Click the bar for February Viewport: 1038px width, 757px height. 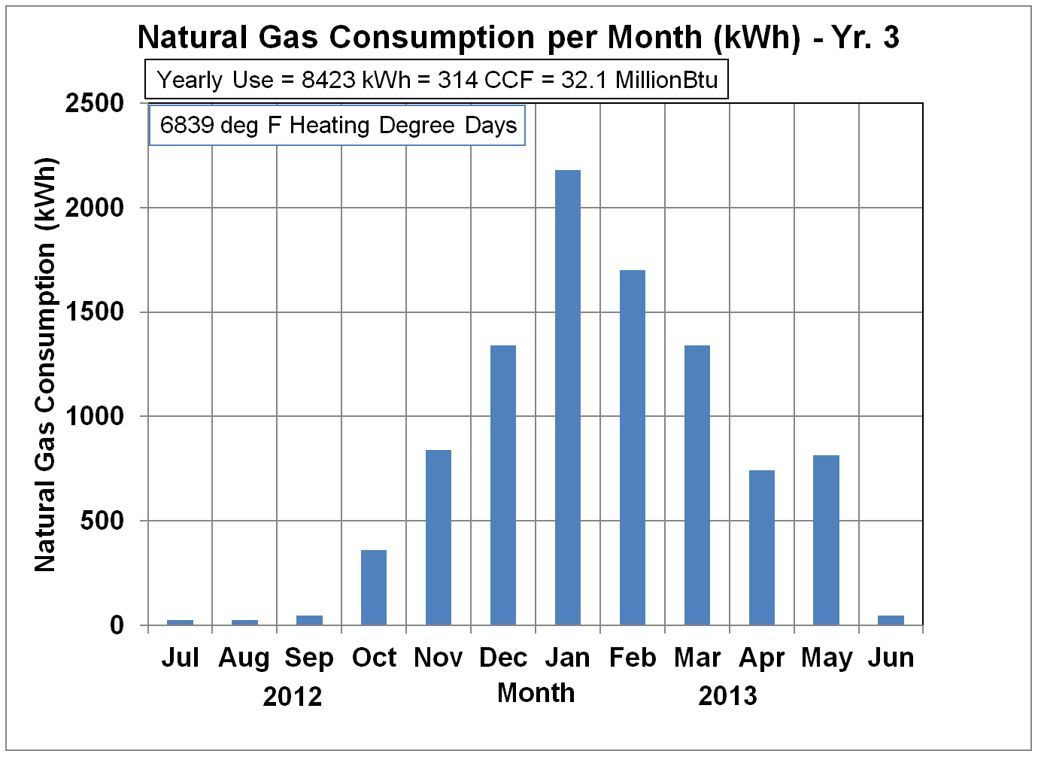click(633, 448)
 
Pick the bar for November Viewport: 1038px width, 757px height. click(439, 537)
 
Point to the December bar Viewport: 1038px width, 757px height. click(503, 485)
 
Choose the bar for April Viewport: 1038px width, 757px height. click(762, 547)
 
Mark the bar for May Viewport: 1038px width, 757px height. click(827, 540)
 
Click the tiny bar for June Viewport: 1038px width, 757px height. click(891, 620)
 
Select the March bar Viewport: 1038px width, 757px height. click(697, 485)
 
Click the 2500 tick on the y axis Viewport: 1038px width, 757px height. click(95, 103)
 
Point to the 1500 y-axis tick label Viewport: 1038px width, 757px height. click(95, 312)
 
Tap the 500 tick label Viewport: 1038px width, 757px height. click(102, 521)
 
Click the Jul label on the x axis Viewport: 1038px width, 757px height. click(180, 658)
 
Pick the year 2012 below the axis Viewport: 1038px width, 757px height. click(293, 697)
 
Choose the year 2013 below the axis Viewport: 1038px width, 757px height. click(727, 696)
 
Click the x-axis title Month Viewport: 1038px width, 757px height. click(536, 693)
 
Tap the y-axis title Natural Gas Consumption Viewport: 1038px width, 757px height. click(46, 365)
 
